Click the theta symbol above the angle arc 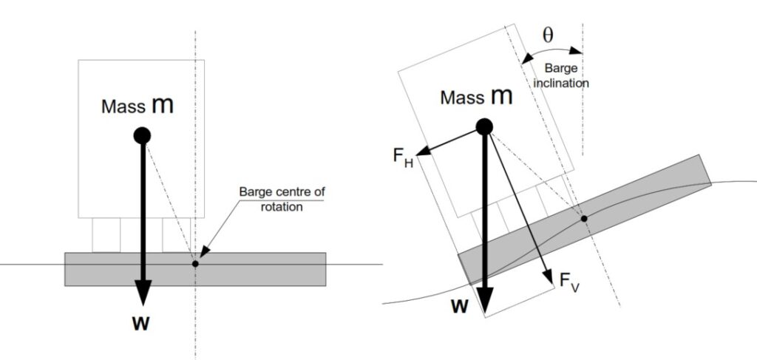click(548, 34)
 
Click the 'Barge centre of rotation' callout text click(281, 199)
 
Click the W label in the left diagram click(142, 324)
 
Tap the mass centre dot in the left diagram click(142, 135)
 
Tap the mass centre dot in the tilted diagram click(483, 126)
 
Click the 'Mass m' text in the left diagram click(138, 105)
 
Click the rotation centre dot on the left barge click(195, 263)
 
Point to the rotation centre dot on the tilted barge click(584, 218)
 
